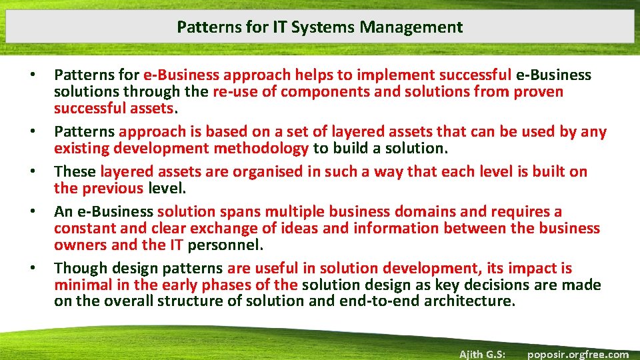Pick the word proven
[538, 91]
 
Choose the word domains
[426, 211]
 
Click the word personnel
[225, 245]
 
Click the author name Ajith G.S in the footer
[483, 354]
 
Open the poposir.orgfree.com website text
[577, 354]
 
